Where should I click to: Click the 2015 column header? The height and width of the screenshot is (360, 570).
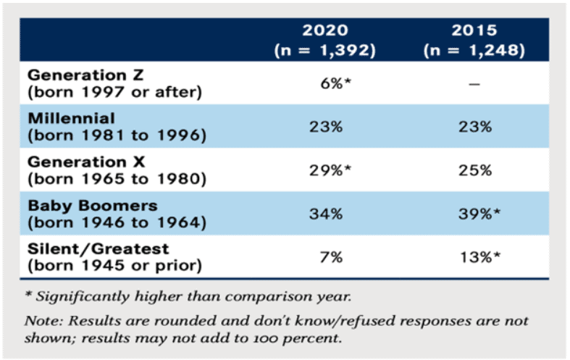coord(475,31)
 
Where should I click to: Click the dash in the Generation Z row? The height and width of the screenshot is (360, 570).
coord(475,84)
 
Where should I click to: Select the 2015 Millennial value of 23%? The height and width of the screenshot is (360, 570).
coord(475,126)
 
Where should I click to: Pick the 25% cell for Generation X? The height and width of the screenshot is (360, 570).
coord(475,170)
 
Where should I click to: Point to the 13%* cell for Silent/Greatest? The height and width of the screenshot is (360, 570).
coord(479,259)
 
